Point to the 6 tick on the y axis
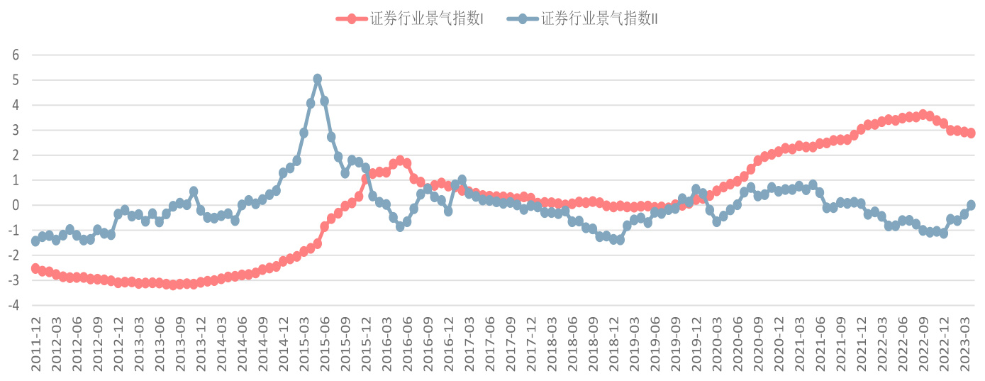click(16, 55)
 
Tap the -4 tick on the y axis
click(14, 306)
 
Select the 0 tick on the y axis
click(16, 206)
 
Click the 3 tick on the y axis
click(16, 131)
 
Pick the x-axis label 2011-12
click(35, 343)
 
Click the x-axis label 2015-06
click(324, 343)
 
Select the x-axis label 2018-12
click(613, 343)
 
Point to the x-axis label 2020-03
click(717, 343)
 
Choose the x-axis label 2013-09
click(180, 343)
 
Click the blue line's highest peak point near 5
click(318, 79)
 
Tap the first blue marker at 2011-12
click(35, 241)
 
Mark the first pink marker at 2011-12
click(35, 268)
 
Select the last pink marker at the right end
click(971, 133)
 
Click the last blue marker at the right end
click(971, 205)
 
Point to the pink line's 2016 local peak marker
click(400, 160)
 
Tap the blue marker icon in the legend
click(523, 19)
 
